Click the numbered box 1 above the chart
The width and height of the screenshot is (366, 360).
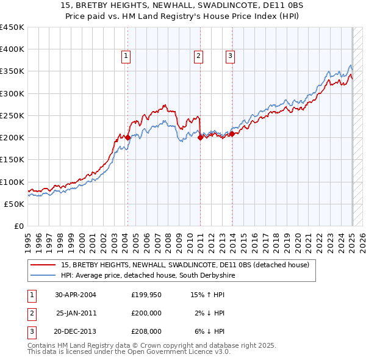pos(126,57)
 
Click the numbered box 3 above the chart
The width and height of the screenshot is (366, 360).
pos(231,57)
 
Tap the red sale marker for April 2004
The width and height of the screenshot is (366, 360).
pos(127,138)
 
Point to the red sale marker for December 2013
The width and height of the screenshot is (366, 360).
pos(232,134)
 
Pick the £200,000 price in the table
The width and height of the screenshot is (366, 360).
pos(146,314)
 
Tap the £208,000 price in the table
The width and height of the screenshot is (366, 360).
pos(146,332)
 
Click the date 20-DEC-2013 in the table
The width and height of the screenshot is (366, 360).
pos(75,332)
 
